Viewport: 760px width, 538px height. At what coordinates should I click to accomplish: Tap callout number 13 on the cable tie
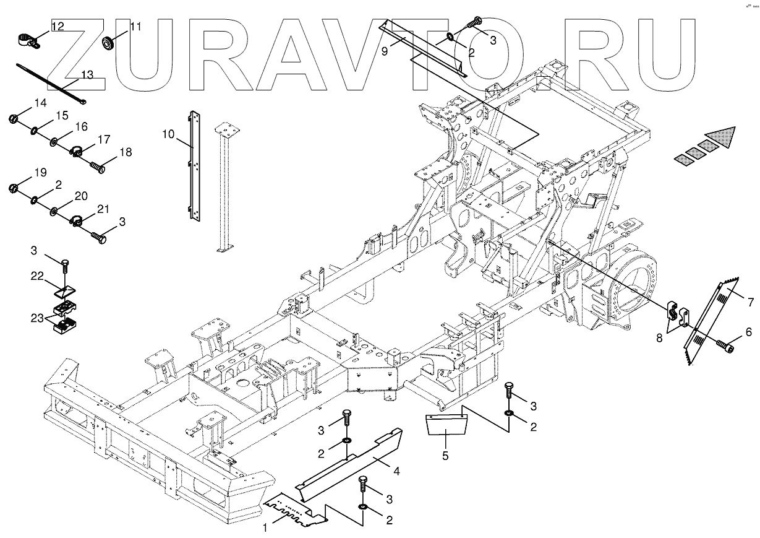click(x=87, y=75)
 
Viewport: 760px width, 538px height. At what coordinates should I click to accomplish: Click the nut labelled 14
click(x=12, y=118)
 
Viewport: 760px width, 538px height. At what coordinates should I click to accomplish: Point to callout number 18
click(x=126, y=152)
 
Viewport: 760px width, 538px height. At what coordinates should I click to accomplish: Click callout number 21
click(x=103, y=208)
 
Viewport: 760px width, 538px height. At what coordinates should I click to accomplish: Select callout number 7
click(x=750, y=303)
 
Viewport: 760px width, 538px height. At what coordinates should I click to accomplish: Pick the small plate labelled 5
click(x=445, y=426)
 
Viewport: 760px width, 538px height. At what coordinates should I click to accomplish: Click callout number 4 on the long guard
click(x=396, y=472)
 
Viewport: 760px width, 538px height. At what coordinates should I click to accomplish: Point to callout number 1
click(x=265, y=528)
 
